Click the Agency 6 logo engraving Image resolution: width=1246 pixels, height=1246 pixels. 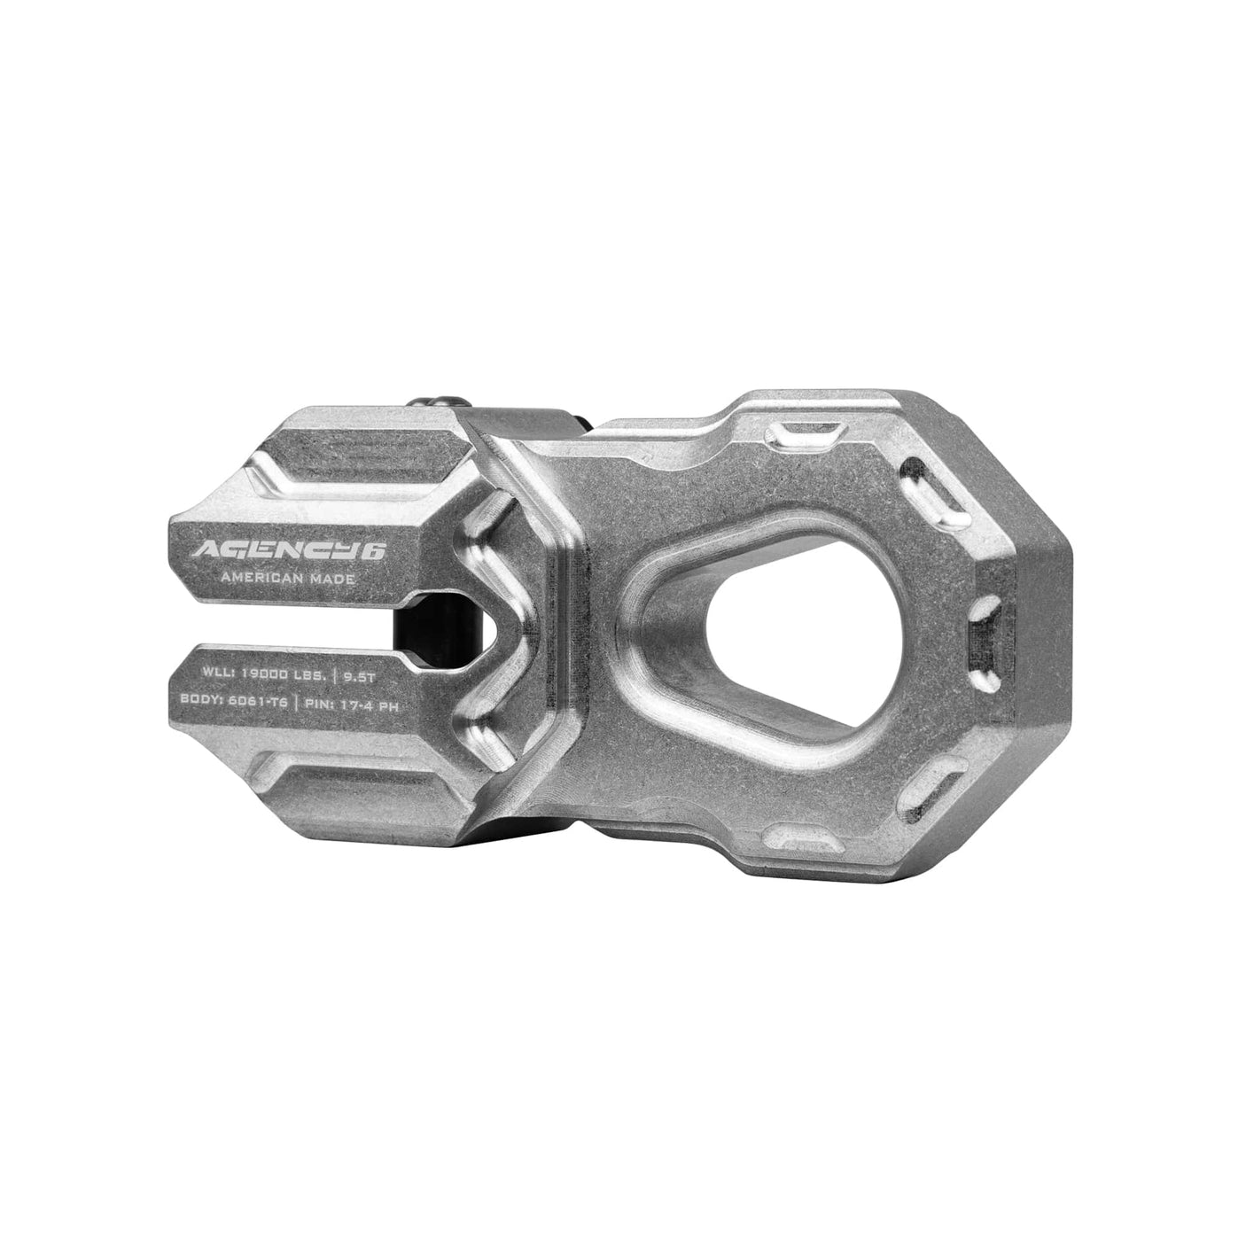pos(289,551)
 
